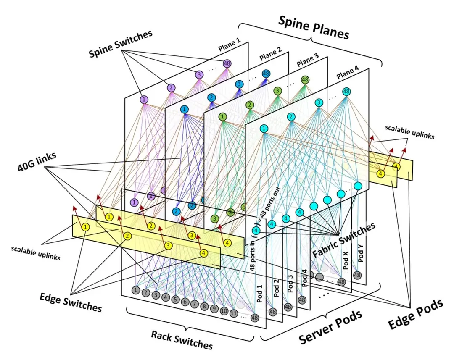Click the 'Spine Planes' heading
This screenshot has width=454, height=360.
pos(314,27)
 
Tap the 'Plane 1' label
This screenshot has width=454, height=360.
pos(230,45)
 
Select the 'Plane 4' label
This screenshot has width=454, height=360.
pos(348,72)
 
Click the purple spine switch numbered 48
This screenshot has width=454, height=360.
pos(227,63)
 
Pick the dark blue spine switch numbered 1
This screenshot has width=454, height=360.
pos(185,109)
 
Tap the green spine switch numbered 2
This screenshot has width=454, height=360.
pos(250,105)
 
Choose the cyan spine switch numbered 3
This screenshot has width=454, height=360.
pos(319,102)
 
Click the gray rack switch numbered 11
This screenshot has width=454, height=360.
pos(234,313)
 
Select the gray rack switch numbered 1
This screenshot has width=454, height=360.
pos(136,290)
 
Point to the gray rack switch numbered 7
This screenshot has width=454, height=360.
pos(195,304)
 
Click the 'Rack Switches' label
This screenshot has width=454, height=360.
pos(182,340)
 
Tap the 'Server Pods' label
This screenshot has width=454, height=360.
pos(330,327)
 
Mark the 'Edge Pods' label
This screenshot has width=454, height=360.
pos(415,314)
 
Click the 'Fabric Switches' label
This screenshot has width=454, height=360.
pos(344,239)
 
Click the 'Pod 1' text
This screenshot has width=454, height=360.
pos(259,294)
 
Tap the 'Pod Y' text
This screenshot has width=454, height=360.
pos(361,254)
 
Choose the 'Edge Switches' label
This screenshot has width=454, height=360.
pos(71,302)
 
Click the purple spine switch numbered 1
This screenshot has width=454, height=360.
pos(144,100)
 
